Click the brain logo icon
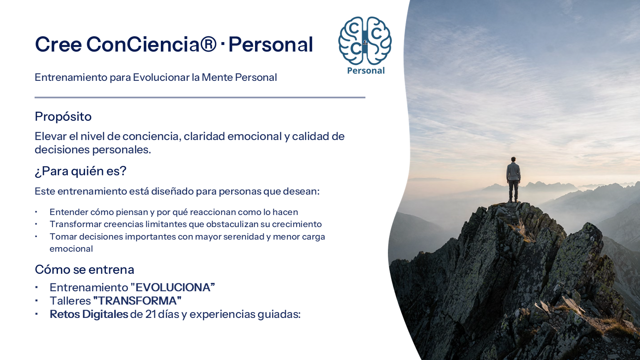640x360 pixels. coord(365,41)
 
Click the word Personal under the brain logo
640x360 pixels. coord(366,70)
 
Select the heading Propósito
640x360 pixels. coord(63,117)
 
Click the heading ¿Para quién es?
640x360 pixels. coord(80,171)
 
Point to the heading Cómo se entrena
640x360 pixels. coord(85,270)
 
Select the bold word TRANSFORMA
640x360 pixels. coord(137,301)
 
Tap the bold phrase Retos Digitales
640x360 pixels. coord(89,314)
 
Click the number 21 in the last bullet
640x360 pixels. coord(150,314)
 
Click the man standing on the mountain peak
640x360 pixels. coord(513,180)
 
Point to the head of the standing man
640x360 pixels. coord(513,159)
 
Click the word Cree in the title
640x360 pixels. coord(58,44)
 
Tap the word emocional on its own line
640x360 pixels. coord(71,249)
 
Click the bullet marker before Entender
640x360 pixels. coord(36,212)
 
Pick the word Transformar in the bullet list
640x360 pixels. coord(75,224)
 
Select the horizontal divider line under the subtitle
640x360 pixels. coord(200,97)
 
